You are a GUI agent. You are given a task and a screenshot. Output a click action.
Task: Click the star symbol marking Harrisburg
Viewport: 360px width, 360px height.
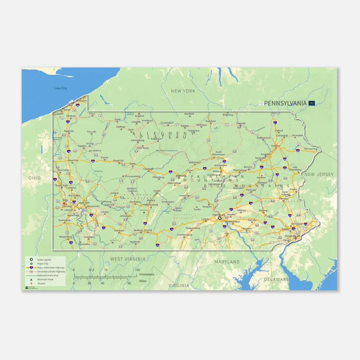(220, 218)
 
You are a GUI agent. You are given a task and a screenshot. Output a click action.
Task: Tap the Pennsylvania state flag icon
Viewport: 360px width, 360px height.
(311, 103)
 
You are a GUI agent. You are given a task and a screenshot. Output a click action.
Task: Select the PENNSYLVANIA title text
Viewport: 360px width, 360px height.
(285, 103)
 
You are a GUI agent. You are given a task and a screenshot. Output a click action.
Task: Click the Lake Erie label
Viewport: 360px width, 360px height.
(60, 88)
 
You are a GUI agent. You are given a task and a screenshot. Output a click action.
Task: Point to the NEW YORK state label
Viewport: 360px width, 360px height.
(183, 91)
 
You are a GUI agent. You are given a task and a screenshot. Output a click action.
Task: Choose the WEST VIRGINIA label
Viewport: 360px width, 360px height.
(128, 259)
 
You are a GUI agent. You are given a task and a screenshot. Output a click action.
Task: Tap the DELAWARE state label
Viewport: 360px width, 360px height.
(276, 279)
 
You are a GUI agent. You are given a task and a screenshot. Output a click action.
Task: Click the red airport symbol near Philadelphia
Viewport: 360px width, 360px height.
(295, 239)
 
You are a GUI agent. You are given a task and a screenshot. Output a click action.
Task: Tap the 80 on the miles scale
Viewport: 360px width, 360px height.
(129, 283)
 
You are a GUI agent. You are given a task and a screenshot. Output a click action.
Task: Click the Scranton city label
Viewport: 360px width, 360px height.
(276, 146)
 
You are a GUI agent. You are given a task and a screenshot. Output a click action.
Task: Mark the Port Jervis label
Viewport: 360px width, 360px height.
(310, 149)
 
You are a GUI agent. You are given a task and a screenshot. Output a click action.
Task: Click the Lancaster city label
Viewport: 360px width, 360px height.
(246, 229)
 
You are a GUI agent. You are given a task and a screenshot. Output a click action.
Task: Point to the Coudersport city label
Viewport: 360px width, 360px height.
(167, 123)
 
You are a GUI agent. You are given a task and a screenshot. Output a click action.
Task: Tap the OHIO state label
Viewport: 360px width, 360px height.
(34, 178)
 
